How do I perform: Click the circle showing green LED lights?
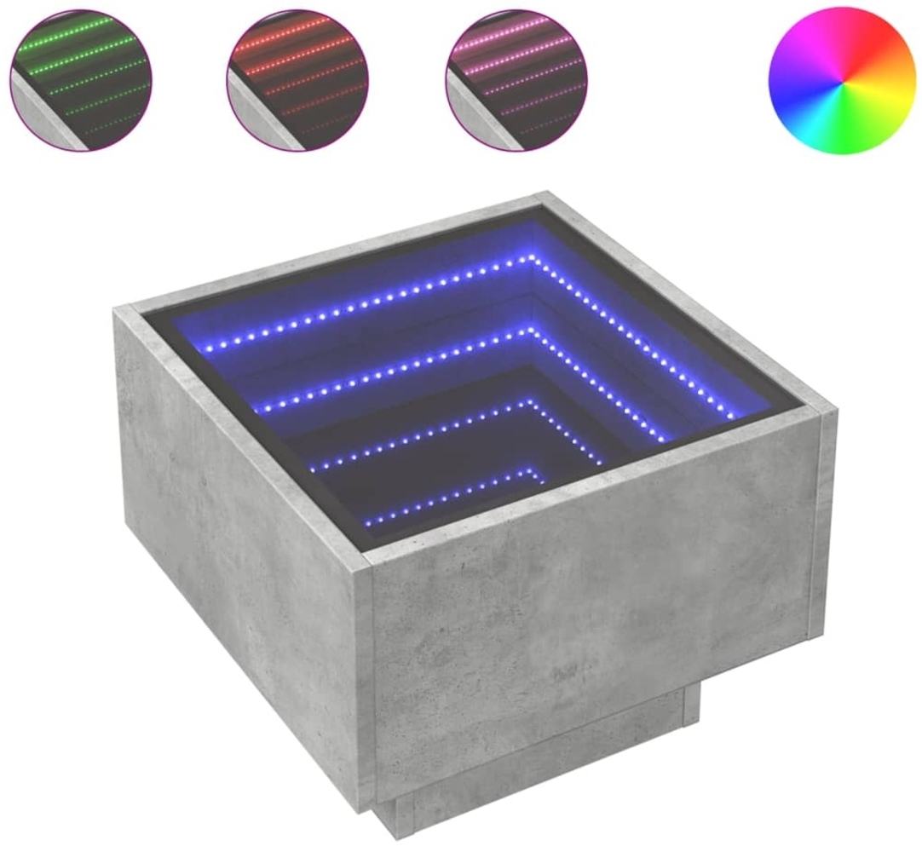point(81,79)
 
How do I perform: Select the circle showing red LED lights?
point(297,79)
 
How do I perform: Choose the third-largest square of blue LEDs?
point(426,430)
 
